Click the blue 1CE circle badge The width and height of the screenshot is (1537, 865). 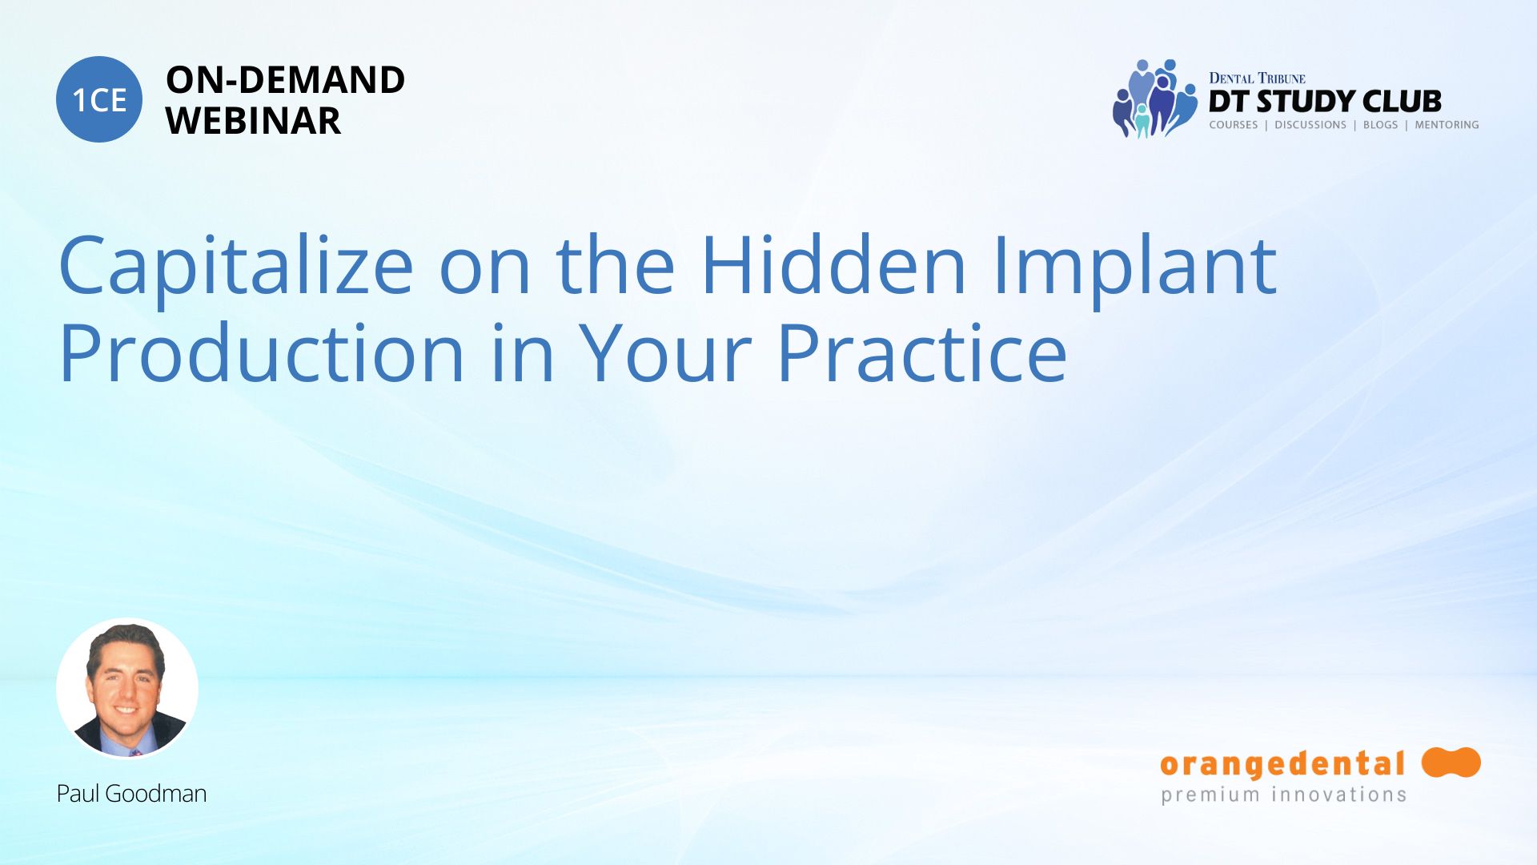pyautogui.click(x=99, y=99)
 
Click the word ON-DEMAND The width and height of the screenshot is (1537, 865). pyautogui.click(x=285, y=80)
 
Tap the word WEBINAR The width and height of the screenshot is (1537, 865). pyautogui.click(x=253, y=121)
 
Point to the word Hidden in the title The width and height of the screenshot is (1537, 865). pyautogui.click(x=834, y=264)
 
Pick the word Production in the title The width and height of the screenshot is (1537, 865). pyautogui.click(x=263, y=352)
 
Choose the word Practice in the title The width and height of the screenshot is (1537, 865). pyautogui.click(x=922, y=352)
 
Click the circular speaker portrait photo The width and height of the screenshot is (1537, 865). pyautogui.click(x=127, y=689)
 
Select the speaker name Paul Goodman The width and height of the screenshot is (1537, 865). pyautogui.click(x=131, y=794)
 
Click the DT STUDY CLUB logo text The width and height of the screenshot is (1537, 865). pyautogui.click(x=1325, y=102)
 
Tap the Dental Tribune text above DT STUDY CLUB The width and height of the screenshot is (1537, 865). pyautogui.click(x=1257, y=78)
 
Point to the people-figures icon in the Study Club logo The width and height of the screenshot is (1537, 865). pyautogui.click(x=1154, y=99)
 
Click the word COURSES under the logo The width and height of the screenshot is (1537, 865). pyautogui.click(x=1233, y=125)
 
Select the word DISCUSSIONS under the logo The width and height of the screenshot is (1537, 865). pyautogui.click(x=1310, y=125)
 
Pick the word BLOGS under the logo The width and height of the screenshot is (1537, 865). pyautogui.click(x=1380, y=125)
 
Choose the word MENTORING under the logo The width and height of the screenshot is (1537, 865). pyautogui.click(x=1447, y=125)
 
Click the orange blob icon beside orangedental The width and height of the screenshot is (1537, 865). pyautogui.click(x=1451, y=762)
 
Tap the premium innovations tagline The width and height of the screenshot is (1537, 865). pyautogui.click(x=1283, y=795)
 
